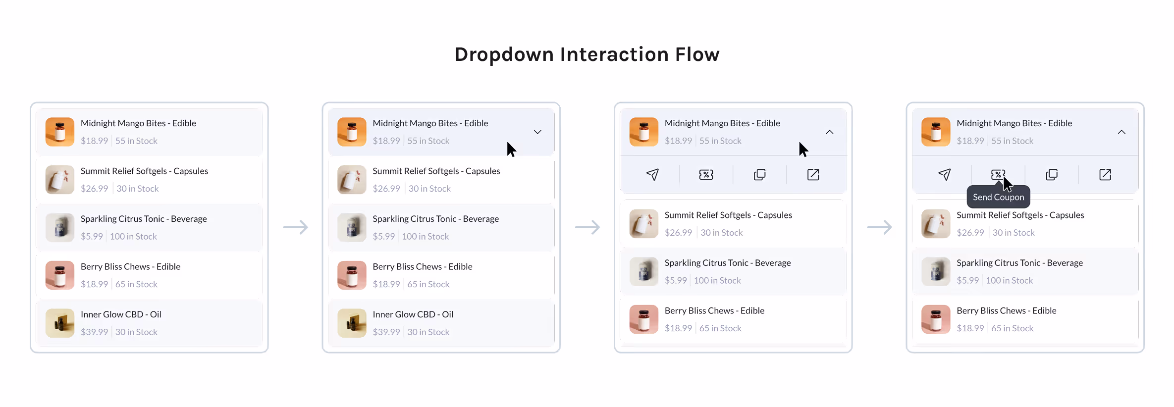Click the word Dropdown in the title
click(x=504, y=54)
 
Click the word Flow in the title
click(x=697, y=54)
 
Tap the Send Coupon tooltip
click(x=998, y=197)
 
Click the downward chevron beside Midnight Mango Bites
click(x=537, y=132)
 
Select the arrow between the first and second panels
click(x=295, y=227)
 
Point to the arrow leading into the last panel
click(x=879, y=227)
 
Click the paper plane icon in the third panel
click(x=652, y=175)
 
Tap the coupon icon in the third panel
click(x=706, y=175)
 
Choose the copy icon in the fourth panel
click(x=1052, y=175)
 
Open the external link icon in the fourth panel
click(x=1105, y=175)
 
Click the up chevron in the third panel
click(x=830, y=132)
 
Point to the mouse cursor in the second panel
click(x=511, y=149)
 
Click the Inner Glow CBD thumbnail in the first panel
click(x=60, y=323)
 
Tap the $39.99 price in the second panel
click(x=386, y=332)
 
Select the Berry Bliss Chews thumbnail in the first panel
click(x=60, y=275)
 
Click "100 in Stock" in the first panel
click(x=133, y=237)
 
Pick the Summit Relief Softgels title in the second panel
click(x=436, y=171)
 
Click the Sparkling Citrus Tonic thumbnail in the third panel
click(x=644, y=271)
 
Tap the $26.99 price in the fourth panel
click(x=970, y=233)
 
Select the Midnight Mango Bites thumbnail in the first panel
click(x=60, y=132)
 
